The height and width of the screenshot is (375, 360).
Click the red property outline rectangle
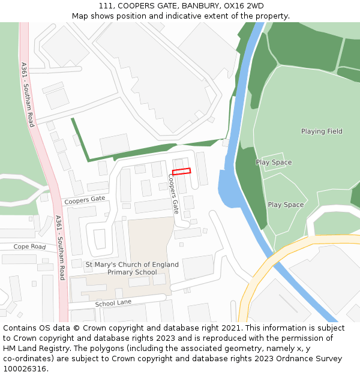tap(181, 172)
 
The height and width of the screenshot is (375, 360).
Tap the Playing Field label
tap(322, 131)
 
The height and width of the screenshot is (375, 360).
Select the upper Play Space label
tap(274, 163)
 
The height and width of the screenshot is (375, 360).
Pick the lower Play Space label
tap(286, 205)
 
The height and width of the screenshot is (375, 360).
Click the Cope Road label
tap(29, 247)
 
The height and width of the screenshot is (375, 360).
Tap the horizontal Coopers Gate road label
tap(85, 199)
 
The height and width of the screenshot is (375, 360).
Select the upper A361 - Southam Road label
tap(28, 94)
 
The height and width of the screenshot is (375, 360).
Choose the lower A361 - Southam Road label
tap(59, 247)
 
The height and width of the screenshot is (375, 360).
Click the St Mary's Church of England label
tap(132, 265)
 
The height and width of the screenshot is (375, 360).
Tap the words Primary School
tap(132, 272)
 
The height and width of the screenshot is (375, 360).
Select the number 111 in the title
tap(106, 6)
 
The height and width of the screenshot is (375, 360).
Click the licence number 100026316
tap(25, 369)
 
